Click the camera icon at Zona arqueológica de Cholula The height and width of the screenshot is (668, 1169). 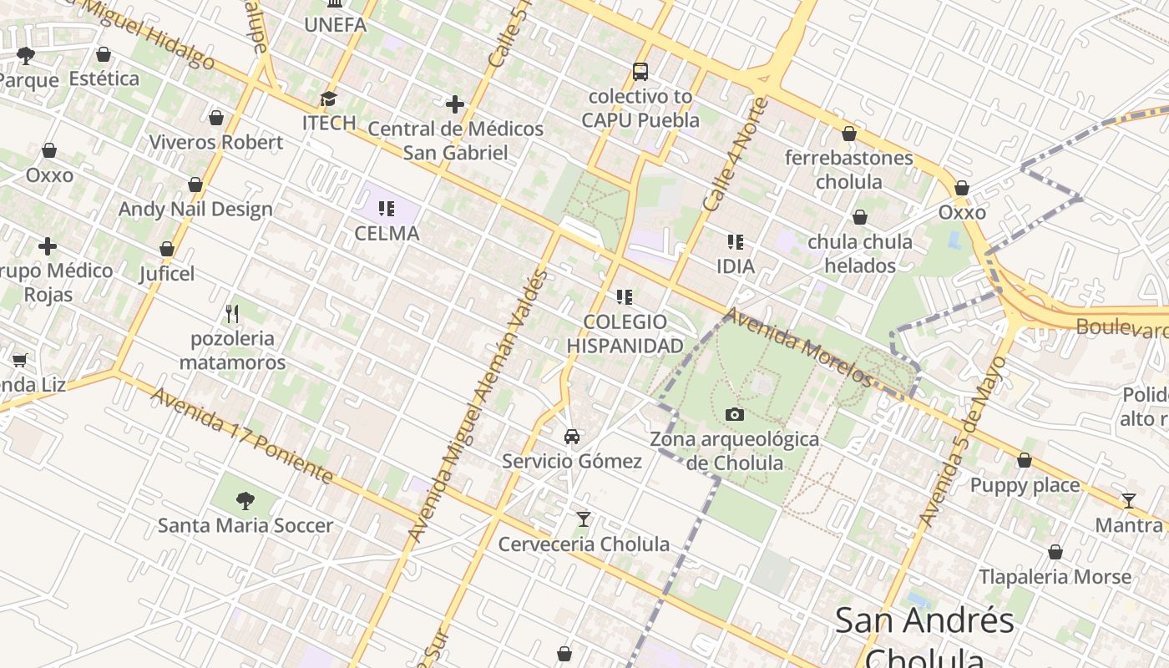tap(734, 414)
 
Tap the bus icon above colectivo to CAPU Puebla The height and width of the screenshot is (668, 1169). tap(640, 72)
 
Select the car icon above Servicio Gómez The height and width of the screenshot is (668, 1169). tap(572, 436)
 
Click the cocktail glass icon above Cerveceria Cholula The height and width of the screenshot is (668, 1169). tap(584, 519)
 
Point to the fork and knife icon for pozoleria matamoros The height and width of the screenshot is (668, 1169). tap(232, 314)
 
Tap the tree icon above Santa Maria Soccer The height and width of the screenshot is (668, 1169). tap(245, 501)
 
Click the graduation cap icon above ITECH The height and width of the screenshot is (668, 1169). tap(329, 99)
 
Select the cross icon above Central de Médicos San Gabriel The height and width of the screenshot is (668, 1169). tap(455, 104)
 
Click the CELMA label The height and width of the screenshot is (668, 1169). tap(387, 233)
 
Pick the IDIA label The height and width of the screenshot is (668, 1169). tap(735, 266)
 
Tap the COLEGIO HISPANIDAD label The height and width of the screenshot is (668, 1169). tap(625, 334)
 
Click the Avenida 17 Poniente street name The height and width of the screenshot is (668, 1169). tap(242, 436)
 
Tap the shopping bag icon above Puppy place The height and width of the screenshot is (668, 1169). tap(1025, 461)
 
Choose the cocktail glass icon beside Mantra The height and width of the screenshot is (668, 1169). tap(1129, 501)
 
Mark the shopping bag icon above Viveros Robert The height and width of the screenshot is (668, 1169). tap(216, 118)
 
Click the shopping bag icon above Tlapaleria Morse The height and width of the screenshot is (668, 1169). tap(1055, 553)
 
